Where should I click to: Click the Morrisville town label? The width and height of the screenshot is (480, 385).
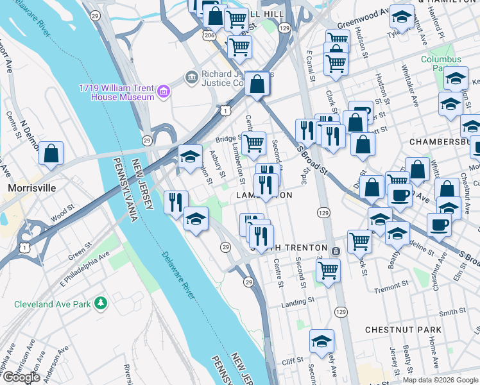pyautogui.click(x=31, y=188)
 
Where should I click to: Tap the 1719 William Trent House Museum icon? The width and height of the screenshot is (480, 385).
pyautogui.click(x=163, y=92)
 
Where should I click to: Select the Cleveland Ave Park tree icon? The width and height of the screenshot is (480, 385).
pyautogui.click(x=100, y=303)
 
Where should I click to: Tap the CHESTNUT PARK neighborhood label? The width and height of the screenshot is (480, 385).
pyautogui.click(x=403, y=330)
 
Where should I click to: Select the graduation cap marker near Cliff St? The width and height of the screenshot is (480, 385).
pyautogui.click(x=321, y=341)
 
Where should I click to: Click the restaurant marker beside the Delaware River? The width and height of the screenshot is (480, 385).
pyautogui.click(x=175, y=203)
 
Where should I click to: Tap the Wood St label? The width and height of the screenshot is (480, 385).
pyautogui.click(x=62, y=212)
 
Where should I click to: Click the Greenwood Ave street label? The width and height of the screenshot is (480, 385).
pyautogui.click(x=364, y=12)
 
